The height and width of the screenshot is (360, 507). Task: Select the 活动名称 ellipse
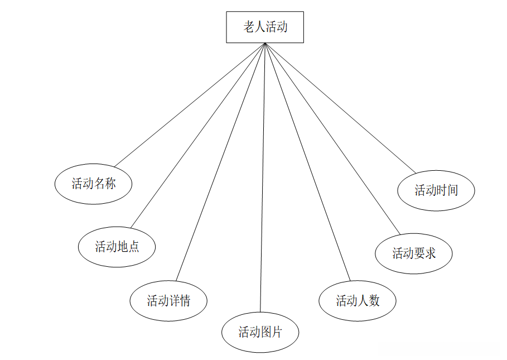pyautogui.click(x=94, y=184)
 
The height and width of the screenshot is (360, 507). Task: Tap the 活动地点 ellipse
pyautogui.click(x=117, y=247)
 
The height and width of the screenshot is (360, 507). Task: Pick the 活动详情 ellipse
pyautogui.click(x=168, y=301)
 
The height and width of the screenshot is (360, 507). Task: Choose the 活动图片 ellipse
pyautogui.click(x=260, y=333)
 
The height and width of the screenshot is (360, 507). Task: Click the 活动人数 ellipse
pyautogui.click(x=358, y=301)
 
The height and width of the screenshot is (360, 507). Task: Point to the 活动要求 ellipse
pyautogui.click(x=414, y=253)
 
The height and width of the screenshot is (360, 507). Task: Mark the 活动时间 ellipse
pyautogui.click(x=436, y=190)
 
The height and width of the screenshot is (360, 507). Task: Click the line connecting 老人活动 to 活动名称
pyautogui.click(x=189, y=104)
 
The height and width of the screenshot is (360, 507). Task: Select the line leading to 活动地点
pyautogui.click(x=197, y=135)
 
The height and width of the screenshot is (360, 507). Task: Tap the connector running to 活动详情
pyautogui.click(x=220, y=162)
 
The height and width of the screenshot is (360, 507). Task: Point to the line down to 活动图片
pyautogui.click(x=262, y=177)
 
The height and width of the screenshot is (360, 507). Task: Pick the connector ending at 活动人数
pyautogui.click(x=307, y=162)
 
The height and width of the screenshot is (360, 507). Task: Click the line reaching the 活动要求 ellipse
pyautogui.click(x=332, y=138)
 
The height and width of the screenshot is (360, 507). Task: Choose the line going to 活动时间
pyautogui.click(x=340, y=108)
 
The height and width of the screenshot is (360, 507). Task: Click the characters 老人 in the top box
pyautogui.click(x=254, y=27)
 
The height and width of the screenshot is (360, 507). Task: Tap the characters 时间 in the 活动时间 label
pyautogui.click(x=447, y=190)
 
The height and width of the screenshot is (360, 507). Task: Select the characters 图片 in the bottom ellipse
pyautogui.click(x=271, y=333)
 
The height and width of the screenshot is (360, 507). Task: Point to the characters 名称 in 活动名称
pyautogui.click(x=104, y=184)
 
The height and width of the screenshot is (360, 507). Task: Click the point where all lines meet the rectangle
pyautogui.click(x=264, y=43)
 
